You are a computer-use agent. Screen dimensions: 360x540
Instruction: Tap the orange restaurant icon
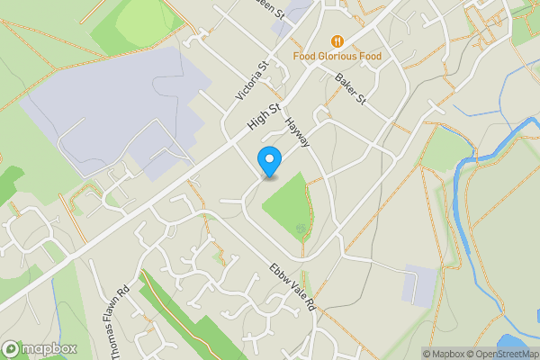click(x=337, y=40)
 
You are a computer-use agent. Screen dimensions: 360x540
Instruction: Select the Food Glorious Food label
click(x=337, y=57)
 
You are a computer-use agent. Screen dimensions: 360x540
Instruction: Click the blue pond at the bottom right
click(x=511, y=344)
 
